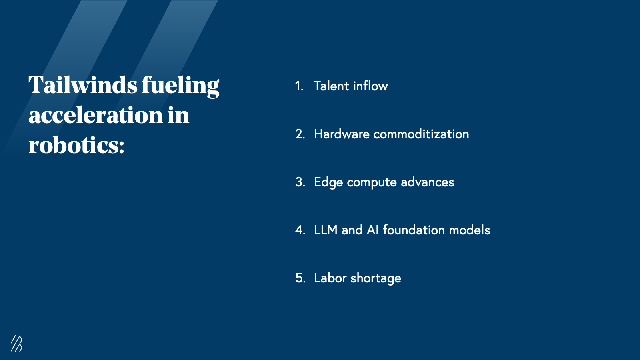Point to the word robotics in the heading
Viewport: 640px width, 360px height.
pyautogui.click(x=76, y=145)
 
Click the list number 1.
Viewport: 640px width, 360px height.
pyautogui.click(x=299, y=86)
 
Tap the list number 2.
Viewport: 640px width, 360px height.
pyautogui.click(x=300, y=134)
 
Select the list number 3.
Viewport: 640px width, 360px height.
pyautogui.click(x=300, y=182)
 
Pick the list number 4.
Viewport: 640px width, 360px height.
pyautogui.click(x=300, y=230)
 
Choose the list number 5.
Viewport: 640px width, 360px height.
pyautogui.click(x=300, y=278)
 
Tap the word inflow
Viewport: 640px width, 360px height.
pyautogui.click(x=370, y=86)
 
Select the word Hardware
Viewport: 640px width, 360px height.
pyautogui.click(x=342, y=134)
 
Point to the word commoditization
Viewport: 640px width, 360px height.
pyautogui.click(x=421, y=134)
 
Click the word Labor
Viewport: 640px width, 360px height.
pyautogui.click(x=330, y=278)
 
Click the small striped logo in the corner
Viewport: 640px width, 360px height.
pyautogui.click(x=17, y=343)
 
